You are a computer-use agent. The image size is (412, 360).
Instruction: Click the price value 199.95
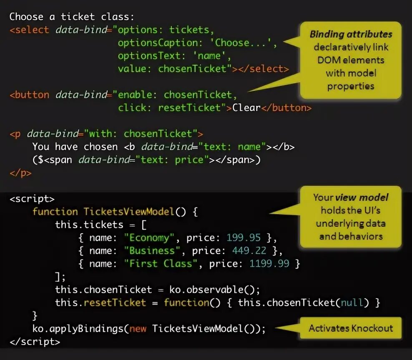244,238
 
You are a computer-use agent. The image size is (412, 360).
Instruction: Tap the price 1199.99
269,264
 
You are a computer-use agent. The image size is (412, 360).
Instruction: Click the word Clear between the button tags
246,107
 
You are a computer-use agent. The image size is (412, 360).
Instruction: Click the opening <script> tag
32,199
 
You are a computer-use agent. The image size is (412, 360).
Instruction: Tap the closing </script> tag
35,342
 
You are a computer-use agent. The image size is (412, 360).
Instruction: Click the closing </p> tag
20,172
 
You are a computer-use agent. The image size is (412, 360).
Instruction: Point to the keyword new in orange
138,328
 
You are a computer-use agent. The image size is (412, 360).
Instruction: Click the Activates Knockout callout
351,328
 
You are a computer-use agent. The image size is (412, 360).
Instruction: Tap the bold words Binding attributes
351,34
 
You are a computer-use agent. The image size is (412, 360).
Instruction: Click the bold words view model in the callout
362,197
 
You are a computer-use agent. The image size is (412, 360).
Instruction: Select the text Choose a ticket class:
72,17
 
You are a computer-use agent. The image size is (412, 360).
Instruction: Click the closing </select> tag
263,69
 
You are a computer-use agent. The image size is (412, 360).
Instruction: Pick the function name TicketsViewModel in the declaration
129,212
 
